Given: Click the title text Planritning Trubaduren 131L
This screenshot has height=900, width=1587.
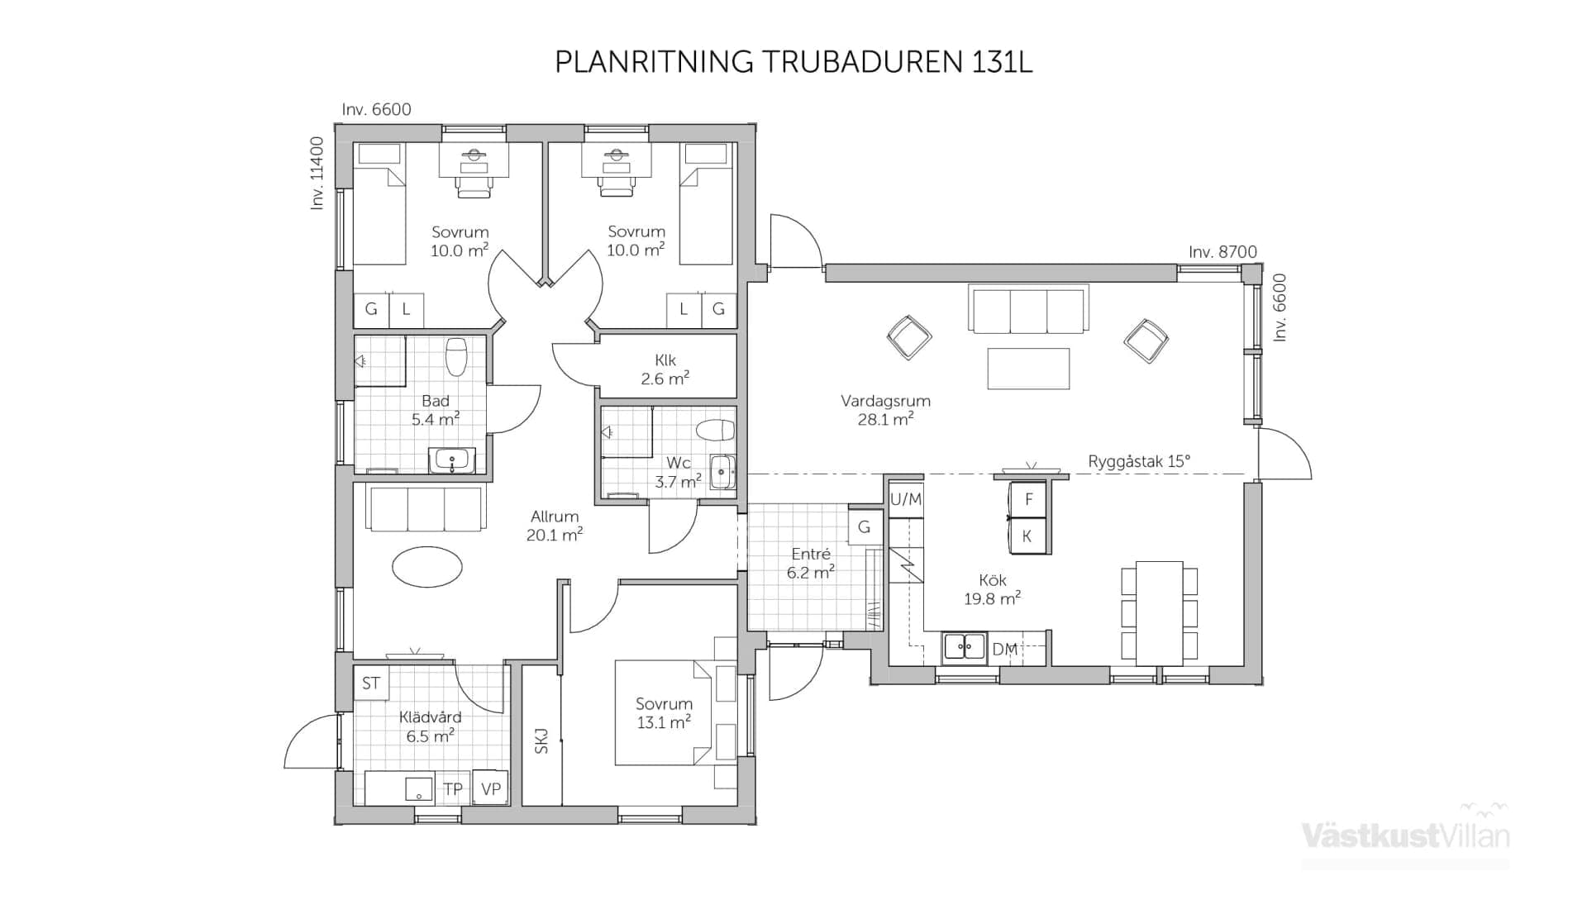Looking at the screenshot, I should tap(793, 63).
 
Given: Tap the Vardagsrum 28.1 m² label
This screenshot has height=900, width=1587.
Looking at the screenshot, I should tap(885, 410).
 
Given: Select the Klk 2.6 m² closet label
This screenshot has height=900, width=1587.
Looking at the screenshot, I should tap(665, 369).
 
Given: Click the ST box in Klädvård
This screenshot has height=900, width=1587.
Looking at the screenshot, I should tap(370, 683).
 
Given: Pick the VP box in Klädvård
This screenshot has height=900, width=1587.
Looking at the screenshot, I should tap(490, 788).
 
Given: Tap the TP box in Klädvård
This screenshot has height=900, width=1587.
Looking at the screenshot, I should tap(452, 788).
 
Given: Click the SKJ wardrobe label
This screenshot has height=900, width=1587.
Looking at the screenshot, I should tap(541, 740).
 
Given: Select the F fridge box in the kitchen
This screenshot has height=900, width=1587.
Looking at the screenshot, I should tap(1028, 499).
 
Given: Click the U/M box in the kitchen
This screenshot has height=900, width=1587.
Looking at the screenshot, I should tap(905, 499).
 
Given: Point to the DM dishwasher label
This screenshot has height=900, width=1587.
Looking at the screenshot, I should tap(1004, 650).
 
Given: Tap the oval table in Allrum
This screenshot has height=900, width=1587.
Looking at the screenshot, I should tap(427, 567).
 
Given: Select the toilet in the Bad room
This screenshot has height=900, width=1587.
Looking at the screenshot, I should tap(456, 356).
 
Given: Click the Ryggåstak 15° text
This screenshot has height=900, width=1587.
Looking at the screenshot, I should tap(1138, 461).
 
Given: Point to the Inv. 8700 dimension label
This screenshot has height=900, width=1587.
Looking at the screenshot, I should tap(1222, 252).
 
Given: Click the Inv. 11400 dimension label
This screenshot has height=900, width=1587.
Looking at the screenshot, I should tap(317, 174).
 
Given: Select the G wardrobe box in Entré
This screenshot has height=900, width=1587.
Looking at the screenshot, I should tap(864, 527).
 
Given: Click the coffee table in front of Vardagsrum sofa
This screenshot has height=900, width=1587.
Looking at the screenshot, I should tap(1028, 368).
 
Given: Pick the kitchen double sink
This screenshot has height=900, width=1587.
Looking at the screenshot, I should tap(965, 647).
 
